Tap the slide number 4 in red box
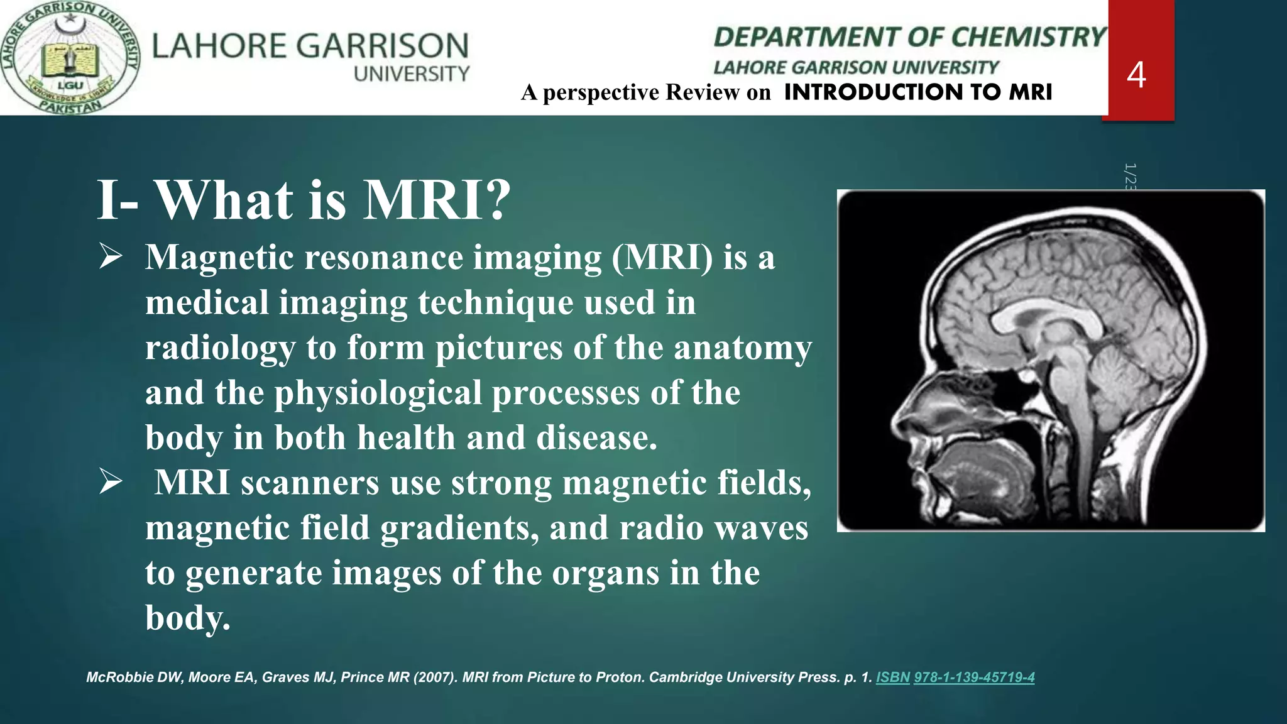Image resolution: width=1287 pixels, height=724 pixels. (1136, 75)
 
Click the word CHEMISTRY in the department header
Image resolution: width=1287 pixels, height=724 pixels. (1028, 37)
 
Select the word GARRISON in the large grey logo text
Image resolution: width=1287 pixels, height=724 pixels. (382, 46)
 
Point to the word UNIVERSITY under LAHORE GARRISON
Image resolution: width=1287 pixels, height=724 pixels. (412, 74)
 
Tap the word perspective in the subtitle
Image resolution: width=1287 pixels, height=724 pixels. (601, 92)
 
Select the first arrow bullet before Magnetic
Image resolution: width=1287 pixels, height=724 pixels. (111, 258)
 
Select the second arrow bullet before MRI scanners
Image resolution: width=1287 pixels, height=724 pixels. (111, 483)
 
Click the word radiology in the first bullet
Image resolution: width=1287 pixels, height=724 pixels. (220, 348)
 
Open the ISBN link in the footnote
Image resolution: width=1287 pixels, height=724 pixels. (892, 677)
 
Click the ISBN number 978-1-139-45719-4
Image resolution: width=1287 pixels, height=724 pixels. (974, 677)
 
